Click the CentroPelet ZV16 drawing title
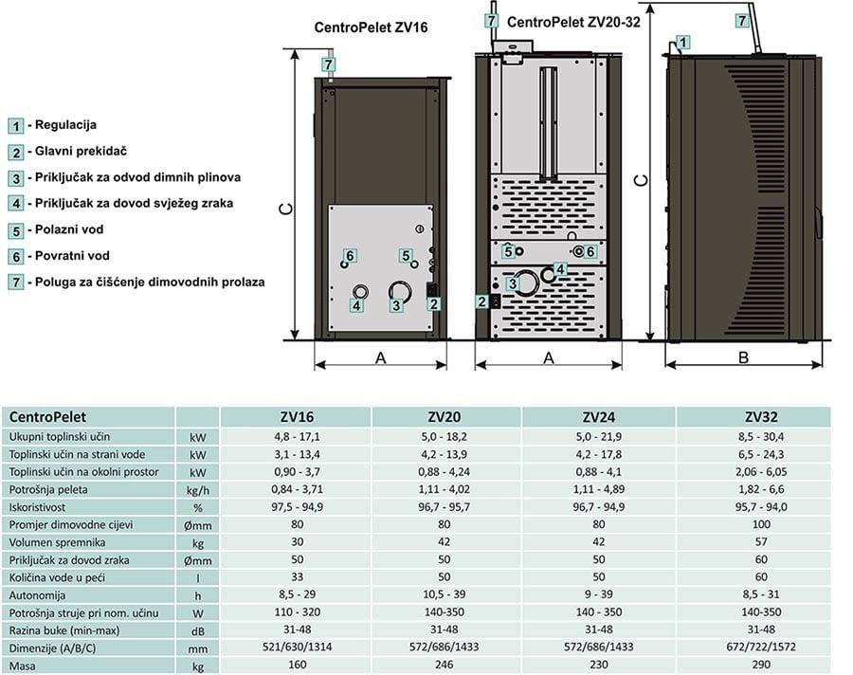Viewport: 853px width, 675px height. point(371,28)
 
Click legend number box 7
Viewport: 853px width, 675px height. point(17,282)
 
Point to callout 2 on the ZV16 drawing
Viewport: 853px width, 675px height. point(433,304)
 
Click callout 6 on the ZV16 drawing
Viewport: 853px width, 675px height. point(350,256)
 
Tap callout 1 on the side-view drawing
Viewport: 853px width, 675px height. point(684,42)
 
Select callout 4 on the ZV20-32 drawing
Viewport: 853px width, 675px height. point(560,269)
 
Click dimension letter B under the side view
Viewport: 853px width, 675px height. point(743,357)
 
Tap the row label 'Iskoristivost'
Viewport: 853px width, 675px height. point(42,506)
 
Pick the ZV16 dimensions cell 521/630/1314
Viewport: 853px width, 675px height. point(296,648)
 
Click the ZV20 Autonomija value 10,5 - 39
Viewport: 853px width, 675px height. point(446,595)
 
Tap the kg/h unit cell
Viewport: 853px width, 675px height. point(197,489)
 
